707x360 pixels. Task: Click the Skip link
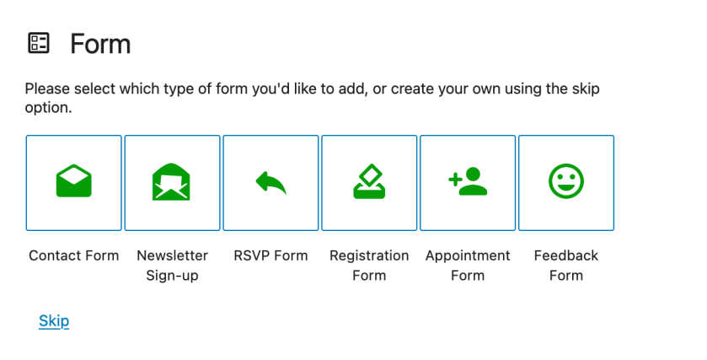point(54,320)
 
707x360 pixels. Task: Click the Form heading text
point(100,44)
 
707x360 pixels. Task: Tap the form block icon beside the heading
point(39,43)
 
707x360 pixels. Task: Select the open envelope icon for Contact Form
point(74,181)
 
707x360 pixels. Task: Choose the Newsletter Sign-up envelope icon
point(171,182)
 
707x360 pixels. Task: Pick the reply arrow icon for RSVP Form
point(271,183)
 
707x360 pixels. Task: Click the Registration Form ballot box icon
point(369,181)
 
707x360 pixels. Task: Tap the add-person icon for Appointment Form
point(468,181)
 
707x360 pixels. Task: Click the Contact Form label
point(74,255)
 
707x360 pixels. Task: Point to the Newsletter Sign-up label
point(172,266)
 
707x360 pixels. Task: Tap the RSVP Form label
point(270,255)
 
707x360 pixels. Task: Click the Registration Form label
point(369,266)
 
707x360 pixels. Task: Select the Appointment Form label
point(468,266)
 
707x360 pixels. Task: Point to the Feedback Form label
point(566,266)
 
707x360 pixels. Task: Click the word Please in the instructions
point(47,89)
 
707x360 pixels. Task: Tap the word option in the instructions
point(48,108)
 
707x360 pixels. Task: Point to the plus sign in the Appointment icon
point(455,180)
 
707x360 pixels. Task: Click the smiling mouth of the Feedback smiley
point(566,188)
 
